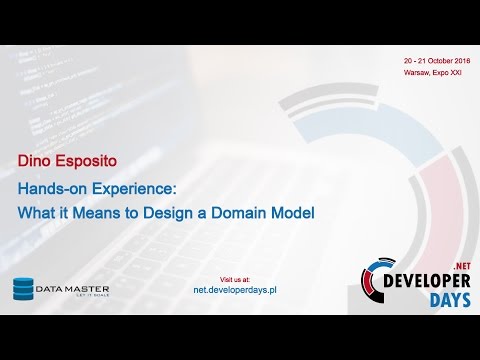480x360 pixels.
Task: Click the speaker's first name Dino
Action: coord(34,158)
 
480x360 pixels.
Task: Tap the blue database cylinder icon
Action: coord(23,288)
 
